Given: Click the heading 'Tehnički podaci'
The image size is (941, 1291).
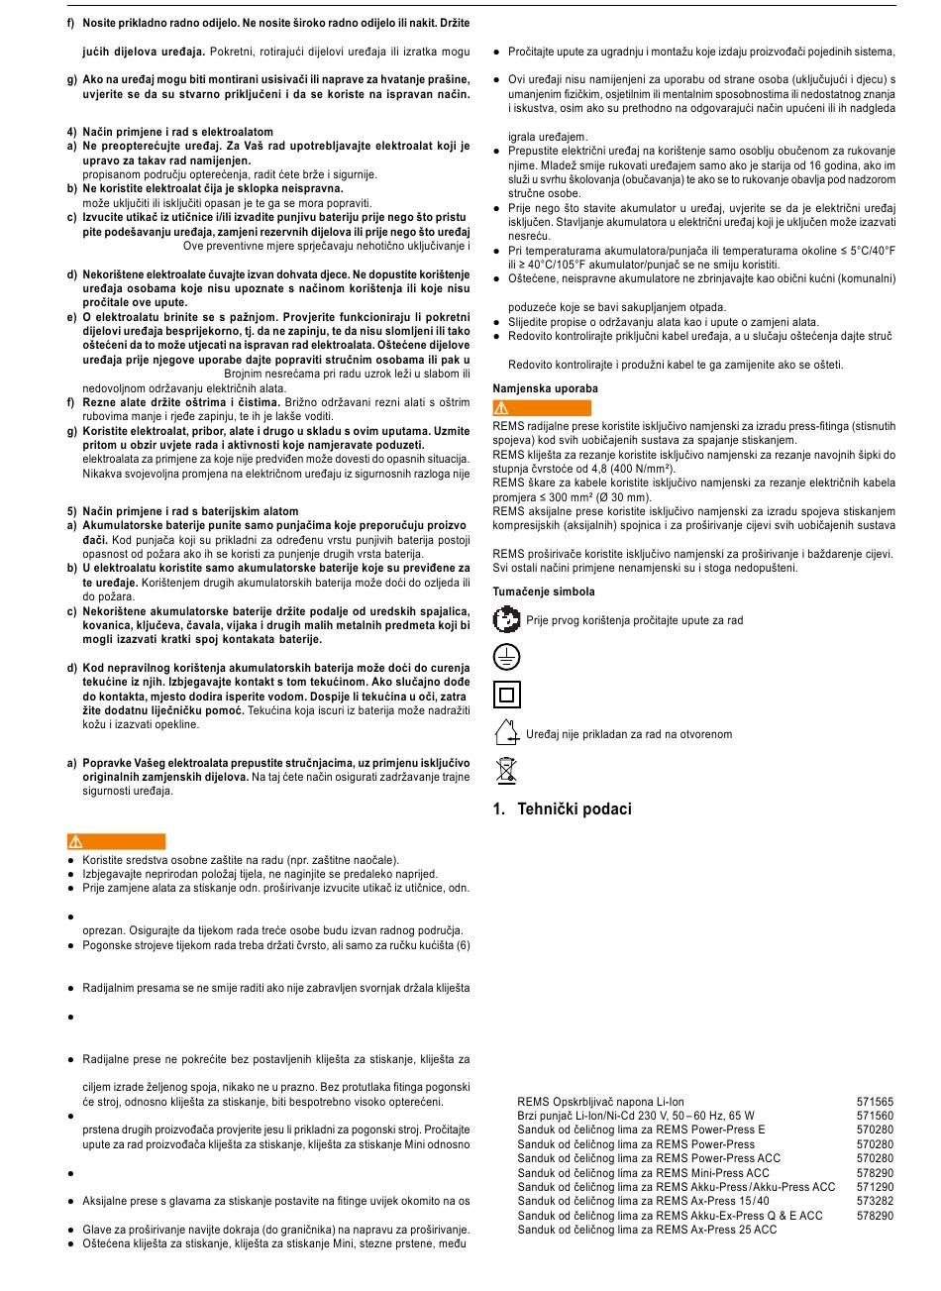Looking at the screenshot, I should click(x=562, y=809).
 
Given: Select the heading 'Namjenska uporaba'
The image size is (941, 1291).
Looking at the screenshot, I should click(x=546, y=388).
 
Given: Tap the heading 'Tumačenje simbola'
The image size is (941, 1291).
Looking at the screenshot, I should click(x=544, y=592).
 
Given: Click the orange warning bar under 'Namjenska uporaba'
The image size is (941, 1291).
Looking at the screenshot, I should click(x=542, y=408).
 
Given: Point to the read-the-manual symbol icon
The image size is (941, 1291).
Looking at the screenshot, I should click(x=506, y=620).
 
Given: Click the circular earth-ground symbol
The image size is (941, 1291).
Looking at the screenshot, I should click(x=506, y=657).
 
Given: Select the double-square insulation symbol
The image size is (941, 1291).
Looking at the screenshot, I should click(x=506, y=695).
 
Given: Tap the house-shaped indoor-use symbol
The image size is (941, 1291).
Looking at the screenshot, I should click(x=506, y=733).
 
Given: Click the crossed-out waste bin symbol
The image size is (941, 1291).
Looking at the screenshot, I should click(x=506, y=770).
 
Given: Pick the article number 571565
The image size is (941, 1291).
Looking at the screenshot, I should click(x=875, y=1102).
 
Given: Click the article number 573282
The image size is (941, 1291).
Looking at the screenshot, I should click(x=875, y=1201).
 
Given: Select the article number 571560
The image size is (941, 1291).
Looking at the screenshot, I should click(x=875, y=1116).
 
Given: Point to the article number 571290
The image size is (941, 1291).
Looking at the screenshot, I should click(x=875, y=1187).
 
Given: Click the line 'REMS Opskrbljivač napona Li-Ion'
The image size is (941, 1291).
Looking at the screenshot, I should click(x=600, y=1102).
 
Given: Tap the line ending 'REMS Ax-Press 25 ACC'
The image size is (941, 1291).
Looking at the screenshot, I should click(x=647, y=1230).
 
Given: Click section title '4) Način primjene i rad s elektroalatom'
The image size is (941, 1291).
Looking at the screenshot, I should click(x=170, y=132).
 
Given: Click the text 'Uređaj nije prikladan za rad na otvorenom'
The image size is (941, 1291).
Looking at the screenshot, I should click(x=629, y=734).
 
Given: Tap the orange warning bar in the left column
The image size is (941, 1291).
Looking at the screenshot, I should click(x=117, y=842).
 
